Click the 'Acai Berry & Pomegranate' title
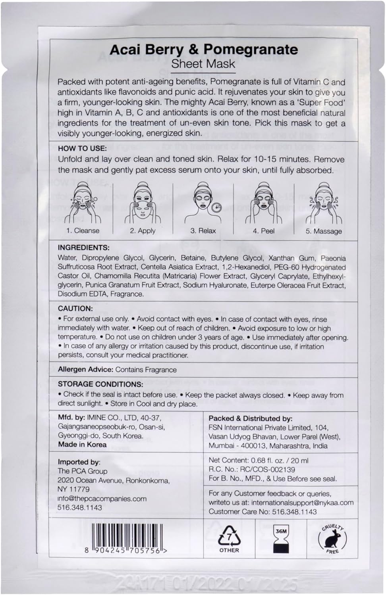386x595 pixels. pos(203,50)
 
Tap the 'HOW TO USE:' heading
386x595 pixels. pos(82,148)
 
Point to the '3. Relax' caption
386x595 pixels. pos(203,230)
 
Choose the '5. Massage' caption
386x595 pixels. pos(323,231)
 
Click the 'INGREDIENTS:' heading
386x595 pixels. pos(83,248)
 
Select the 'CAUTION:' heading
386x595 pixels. pos(75,308)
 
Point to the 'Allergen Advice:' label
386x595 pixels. pos(86,369)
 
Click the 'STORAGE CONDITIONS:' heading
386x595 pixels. pos(100,384)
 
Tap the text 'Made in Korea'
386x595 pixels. pos(82,444)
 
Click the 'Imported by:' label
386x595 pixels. pos(79,462)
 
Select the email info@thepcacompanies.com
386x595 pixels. pos(102,499)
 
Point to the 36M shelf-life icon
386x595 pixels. pos(281,539)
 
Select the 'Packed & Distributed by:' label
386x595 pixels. pos(251,418)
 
